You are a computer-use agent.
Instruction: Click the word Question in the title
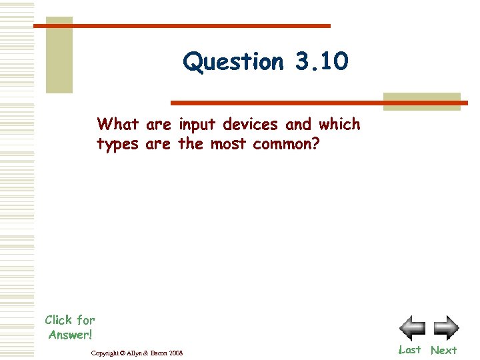click(233, 62)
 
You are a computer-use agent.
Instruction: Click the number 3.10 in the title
click(320, 62)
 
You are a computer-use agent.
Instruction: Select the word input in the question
click(198, 125)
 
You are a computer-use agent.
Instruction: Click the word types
click(118, 144)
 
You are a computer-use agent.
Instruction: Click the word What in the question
click(118, 125)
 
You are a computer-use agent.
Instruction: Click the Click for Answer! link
click(70, 327)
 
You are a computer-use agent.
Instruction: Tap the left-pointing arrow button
click(412, 328)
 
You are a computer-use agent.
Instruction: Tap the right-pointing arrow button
click(445, 328)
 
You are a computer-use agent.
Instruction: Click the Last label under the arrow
click(409, 349)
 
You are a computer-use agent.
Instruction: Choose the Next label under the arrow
click(444, 350)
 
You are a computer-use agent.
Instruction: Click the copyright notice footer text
click(137, 352)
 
